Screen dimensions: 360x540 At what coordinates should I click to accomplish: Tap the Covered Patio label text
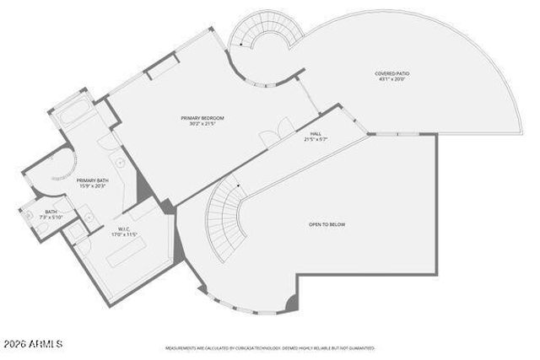[x=391, y=73]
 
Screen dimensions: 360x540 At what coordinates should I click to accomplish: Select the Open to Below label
[x=327, y=224]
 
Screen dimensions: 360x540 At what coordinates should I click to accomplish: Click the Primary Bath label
[x=93, y=180]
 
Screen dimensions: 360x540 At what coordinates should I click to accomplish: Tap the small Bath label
[x=51, y=212]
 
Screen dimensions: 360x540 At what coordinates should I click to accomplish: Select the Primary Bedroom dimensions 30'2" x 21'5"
[x=202, y=125]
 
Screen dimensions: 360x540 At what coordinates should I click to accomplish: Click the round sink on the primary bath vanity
[x=119, y=160]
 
